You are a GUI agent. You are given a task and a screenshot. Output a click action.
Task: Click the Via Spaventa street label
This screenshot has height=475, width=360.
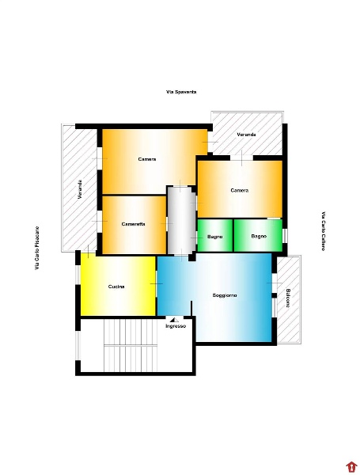181,92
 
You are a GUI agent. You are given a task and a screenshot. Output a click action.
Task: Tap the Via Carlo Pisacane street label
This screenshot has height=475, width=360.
37,248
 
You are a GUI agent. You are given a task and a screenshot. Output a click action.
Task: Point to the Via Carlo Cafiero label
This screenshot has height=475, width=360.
323,231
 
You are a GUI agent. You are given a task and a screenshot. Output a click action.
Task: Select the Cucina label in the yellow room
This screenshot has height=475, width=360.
116,287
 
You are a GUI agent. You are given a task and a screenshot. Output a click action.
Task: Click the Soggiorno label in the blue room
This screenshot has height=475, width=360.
225,295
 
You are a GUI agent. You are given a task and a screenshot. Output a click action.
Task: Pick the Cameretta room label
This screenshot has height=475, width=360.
133,224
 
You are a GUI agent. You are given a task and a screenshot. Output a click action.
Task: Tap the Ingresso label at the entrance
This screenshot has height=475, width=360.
176,326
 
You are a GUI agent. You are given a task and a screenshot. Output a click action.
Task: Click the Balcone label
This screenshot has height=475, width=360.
288,298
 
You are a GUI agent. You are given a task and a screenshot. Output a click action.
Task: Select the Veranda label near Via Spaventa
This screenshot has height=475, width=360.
246,135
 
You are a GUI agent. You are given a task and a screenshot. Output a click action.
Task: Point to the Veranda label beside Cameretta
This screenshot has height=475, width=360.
80,189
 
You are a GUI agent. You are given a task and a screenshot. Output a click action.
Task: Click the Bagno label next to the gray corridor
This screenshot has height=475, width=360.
215,237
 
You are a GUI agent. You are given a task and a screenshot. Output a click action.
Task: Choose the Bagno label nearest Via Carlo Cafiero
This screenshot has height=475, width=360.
259,236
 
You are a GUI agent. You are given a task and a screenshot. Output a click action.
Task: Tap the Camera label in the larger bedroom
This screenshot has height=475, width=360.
147,159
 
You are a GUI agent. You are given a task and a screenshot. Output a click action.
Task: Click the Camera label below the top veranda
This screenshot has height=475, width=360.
240,190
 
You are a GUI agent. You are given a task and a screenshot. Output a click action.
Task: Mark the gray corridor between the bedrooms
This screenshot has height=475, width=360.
182,220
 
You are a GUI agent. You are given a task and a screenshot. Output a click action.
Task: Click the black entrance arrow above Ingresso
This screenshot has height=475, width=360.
174,320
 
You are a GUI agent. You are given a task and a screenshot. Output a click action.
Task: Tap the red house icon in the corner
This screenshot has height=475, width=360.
351,466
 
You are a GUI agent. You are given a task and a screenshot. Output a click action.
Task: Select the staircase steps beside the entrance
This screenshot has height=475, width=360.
131,345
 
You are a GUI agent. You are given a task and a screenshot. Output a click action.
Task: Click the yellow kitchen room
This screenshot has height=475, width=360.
118,286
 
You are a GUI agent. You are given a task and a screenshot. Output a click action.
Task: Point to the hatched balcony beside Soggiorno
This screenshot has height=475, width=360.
289,299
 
